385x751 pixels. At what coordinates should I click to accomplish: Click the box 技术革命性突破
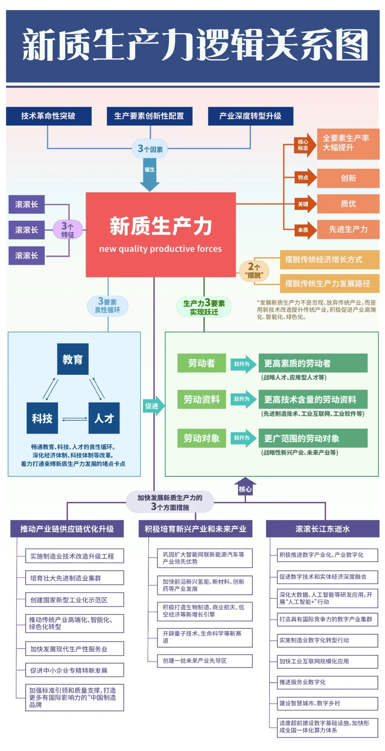(48, 116)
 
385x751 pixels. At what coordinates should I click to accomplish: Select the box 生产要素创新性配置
(149, 116)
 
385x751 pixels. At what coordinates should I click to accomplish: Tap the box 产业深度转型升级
(250, 116)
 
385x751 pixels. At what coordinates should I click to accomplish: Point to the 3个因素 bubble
(150, 149)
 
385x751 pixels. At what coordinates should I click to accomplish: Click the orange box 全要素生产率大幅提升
(348, 143)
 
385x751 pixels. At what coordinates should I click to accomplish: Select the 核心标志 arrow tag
(304, 145)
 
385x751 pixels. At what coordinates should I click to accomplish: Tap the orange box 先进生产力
(348, 230)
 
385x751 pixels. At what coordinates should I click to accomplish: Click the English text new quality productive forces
(160, 249)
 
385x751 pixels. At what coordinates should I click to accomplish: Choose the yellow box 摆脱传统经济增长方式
(329, 259)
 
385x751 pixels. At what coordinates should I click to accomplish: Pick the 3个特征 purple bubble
(67, 230)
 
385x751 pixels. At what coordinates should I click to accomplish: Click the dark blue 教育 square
(73, 359)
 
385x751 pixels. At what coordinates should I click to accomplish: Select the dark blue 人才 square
(104, 418)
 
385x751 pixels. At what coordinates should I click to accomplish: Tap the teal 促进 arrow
(153, 406)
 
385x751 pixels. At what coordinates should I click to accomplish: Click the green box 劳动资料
(201, 399)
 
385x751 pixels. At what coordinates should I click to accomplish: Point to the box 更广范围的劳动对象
(313, 438)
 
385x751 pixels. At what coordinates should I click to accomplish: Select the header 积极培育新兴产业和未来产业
(195, 529)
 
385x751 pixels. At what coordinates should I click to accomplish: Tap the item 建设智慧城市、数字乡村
(327, 703)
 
